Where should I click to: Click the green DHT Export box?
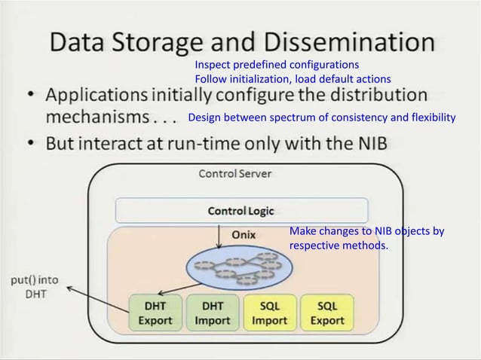pos(154,313)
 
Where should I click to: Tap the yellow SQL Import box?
pos(269,313)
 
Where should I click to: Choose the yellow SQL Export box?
pos(327,313)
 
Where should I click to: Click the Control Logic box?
pos(240,211)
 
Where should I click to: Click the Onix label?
pos(242,234)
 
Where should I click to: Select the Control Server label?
pos(234,174)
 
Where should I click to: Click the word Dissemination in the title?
pos(344,43)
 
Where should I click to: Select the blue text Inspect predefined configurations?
pos(277,65)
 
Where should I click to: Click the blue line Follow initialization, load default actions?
pos(293,78)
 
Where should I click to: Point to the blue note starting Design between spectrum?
pos(322,117)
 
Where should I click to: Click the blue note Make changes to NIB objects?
pos(366,238)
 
